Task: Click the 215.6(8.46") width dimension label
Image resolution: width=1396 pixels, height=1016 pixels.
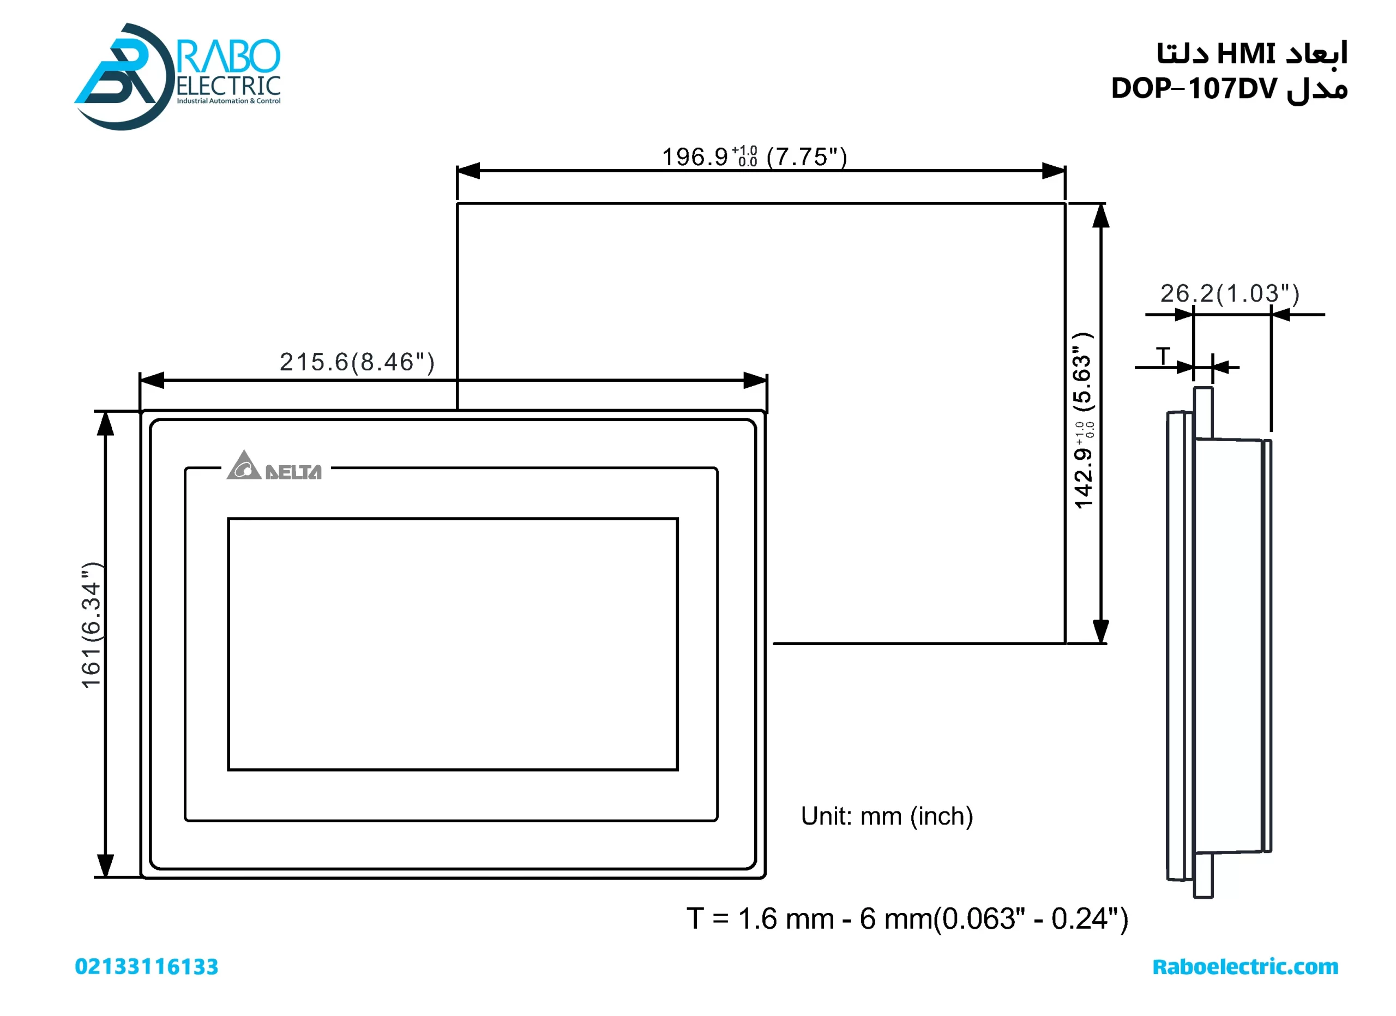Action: [357, 363]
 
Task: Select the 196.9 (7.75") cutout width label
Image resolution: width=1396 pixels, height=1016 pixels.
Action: [754, 157]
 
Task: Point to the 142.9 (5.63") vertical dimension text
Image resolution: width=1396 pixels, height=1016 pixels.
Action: [1084, 421]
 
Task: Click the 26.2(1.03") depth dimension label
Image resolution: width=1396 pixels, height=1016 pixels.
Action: [1230, 293]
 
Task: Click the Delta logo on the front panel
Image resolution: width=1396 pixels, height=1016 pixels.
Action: [274, 466]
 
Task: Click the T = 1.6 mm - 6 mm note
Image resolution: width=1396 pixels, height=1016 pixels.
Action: [907, 919]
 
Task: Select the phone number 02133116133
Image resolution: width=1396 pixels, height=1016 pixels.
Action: [147, 967]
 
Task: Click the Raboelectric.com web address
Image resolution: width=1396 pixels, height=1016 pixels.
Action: [1245, 967]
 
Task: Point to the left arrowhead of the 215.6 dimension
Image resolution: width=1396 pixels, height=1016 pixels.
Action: [152, 380]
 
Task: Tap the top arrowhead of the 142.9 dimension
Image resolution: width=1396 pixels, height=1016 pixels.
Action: [1100, 217]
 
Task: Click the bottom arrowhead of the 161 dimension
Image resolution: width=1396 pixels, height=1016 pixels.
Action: [106, 864]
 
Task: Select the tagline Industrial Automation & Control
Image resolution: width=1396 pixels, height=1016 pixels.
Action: [228, 101]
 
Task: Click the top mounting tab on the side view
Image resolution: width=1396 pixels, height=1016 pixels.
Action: [1204, 412]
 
